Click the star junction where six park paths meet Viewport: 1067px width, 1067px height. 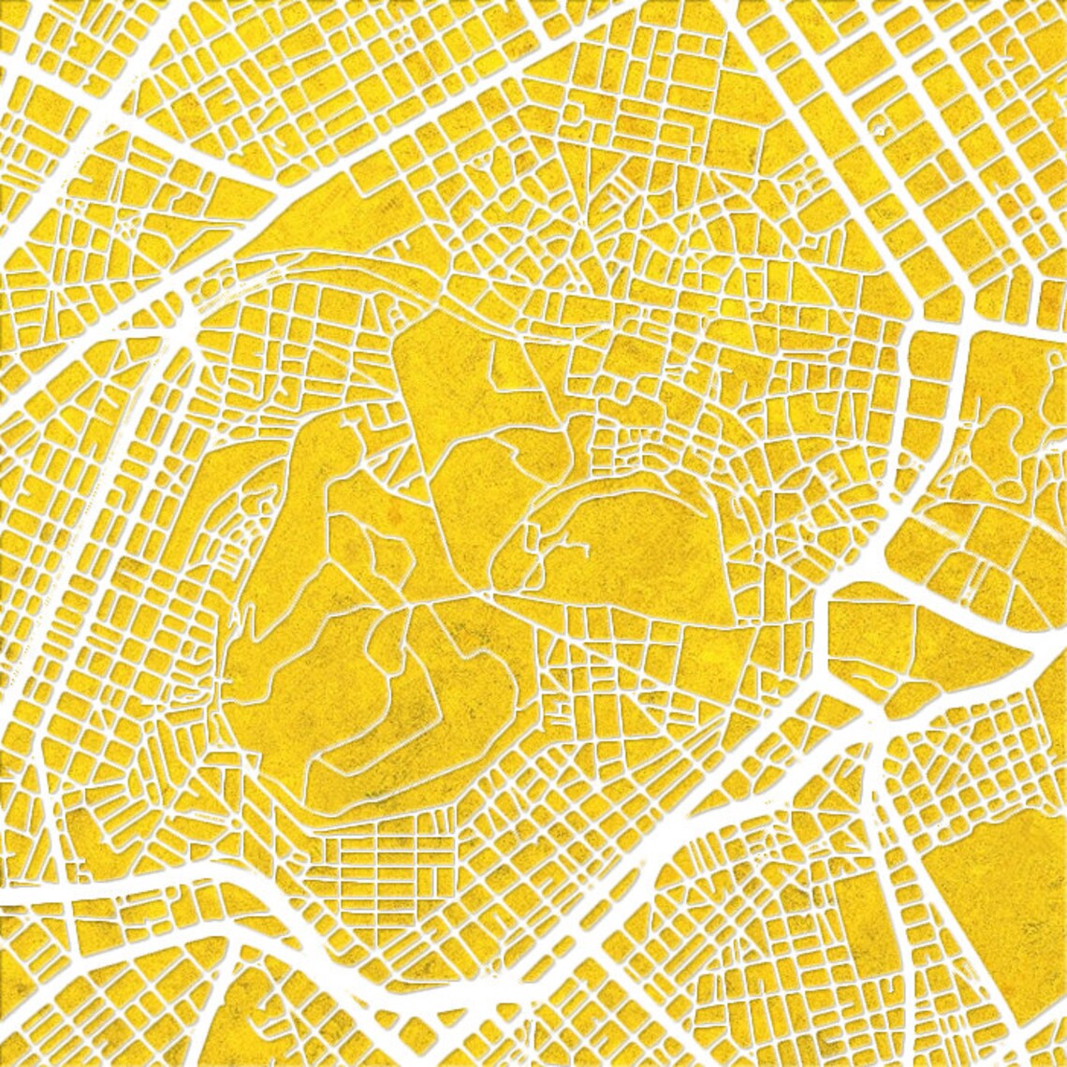pyautogui.click(x=413, y=604)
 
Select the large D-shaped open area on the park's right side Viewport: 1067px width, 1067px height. pyautogui.click(x=636, y=543)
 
